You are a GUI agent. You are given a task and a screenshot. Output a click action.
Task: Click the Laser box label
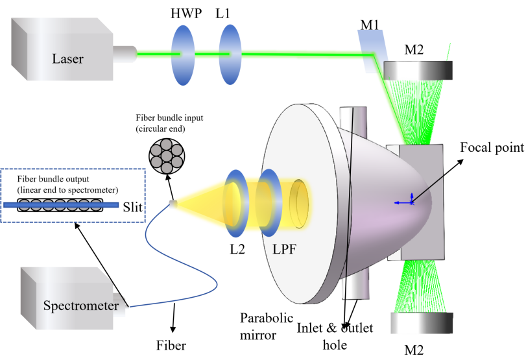[67, 60]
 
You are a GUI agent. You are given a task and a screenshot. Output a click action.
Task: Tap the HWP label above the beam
[186, 14]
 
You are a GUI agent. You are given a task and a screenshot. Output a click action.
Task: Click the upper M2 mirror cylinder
[412, 69]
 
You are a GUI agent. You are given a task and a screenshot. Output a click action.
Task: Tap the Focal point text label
[492, 147]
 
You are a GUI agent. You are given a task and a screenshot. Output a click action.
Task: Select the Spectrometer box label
[80, 305]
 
